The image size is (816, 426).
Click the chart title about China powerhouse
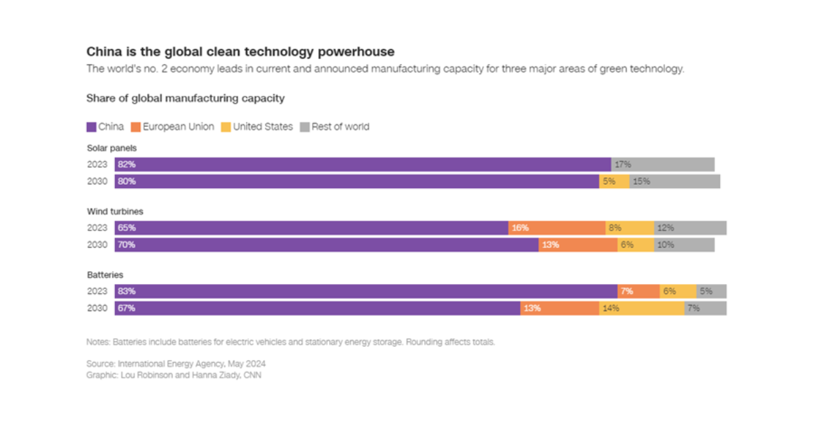point(240,52)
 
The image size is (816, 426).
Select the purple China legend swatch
point(91,127)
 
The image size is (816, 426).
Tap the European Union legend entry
point(173,127)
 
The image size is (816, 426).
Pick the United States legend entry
point(257,127)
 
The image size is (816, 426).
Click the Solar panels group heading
point(112,147)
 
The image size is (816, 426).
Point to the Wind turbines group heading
point(115,211)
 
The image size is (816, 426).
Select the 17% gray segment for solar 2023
point(662,164)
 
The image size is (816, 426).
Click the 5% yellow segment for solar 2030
point(614,181)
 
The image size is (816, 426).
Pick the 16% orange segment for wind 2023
point(556,228)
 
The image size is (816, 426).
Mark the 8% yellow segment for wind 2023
point(630,228)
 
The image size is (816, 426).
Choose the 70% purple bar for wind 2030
point(326,245)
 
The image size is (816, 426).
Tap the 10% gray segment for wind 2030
point(684,245)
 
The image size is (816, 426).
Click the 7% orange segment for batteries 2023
point(639,291)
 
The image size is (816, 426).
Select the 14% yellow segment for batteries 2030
point(642,308)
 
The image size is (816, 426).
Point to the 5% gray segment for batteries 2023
point(711,291)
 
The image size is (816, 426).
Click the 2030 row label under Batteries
point(97,308)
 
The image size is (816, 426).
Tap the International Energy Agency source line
point(175,363)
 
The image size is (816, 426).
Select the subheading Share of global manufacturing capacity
point(185,99)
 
